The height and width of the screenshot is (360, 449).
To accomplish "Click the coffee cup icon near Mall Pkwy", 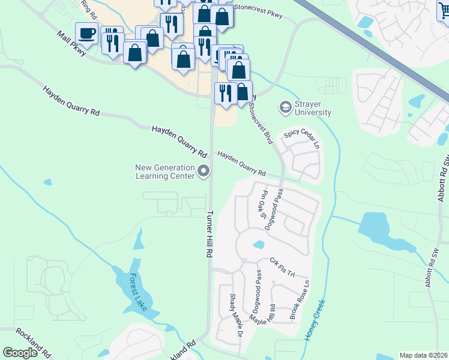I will click(x=87, y=33).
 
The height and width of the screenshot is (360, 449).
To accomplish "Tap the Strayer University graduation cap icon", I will click(x=285, y=108).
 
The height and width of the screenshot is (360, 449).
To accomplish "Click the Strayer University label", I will click(x=312, y=108).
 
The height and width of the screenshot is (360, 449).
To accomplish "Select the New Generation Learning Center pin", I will click(x=203, y=172).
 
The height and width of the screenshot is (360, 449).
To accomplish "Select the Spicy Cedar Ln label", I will click(x=303, y=139).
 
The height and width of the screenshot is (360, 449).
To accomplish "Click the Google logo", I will click(x=20, y=353).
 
